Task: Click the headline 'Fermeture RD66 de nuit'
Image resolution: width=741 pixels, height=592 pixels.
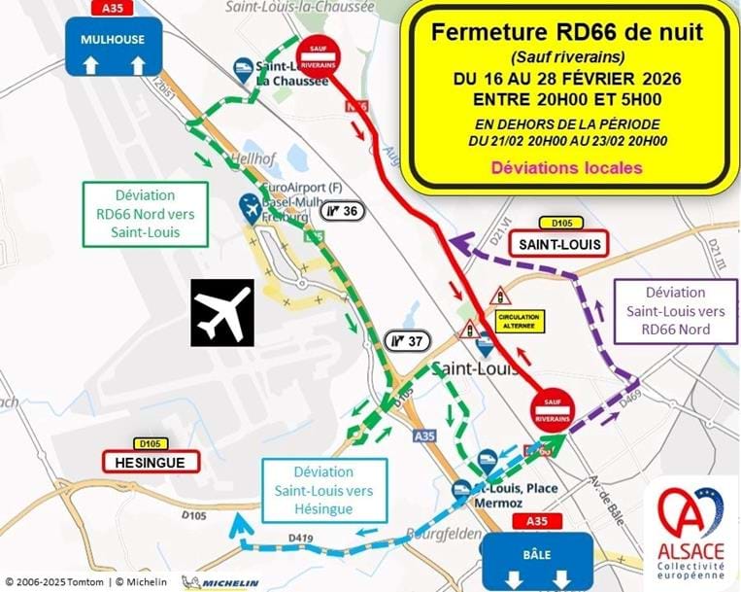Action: pos(567,31)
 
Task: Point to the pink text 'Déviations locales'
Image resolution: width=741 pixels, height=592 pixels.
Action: pos(566,167)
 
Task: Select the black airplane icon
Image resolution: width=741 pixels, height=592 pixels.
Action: pos(221,312)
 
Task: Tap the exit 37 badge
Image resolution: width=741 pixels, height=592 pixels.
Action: pos(407,340)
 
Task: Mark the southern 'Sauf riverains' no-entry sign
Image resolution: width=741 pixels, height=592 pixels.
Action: pos(553,408)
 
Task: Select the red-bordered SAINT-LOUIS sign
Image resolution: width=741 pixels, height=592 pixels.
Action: pos(560,242)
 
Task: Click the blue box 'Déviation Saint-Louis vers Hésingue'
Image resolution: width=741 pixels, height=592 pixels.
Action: pos(324,491)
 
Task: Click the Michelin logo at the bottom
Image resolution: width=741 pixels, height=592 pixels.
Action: pos(220,583)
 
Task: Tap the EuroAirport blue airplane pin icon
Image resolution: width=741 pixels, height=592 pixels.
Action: pos(251,207)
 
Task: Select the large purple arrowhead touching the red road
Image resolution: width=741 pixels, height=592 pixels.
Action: pos(459,244)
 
